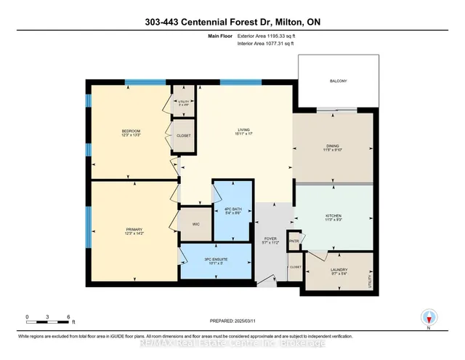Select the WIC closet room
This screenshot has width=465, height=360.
195,224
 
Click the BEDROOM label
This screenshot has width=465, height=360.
132,131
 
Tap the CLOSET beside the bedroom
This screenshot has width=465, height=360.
184,135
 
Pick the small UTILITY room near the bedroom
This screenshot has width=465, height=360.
184,102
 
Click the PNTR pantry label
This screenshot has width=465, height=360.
294,241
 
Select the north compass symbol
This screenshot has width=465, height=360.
428,317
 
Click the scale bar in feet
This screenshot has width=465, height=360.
48,316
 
